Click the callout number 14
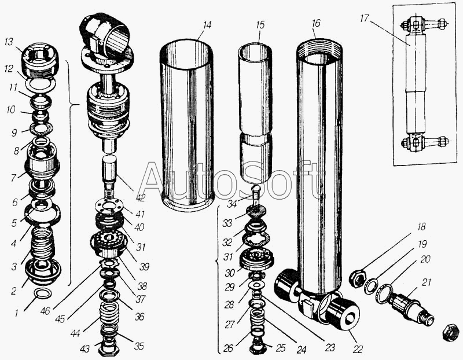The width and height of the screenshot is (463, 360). point(207,25)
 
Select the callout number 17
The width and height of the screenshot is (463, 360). point(365,19)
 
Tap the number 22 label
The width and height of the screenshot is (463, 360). point(358,349)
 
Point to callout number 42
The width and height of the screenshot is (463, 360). point(140,197)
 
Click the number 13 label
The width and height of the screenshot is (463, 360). point(9,42)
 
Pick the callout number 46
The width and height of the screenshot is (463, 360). point(46,311)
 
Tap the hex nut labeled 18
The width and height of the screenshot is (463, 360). point(357,279)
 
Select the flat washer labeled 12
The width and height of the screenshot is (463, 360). point(41,83)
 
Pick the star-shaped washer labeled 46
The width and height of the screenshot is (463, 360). point(109,262)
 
